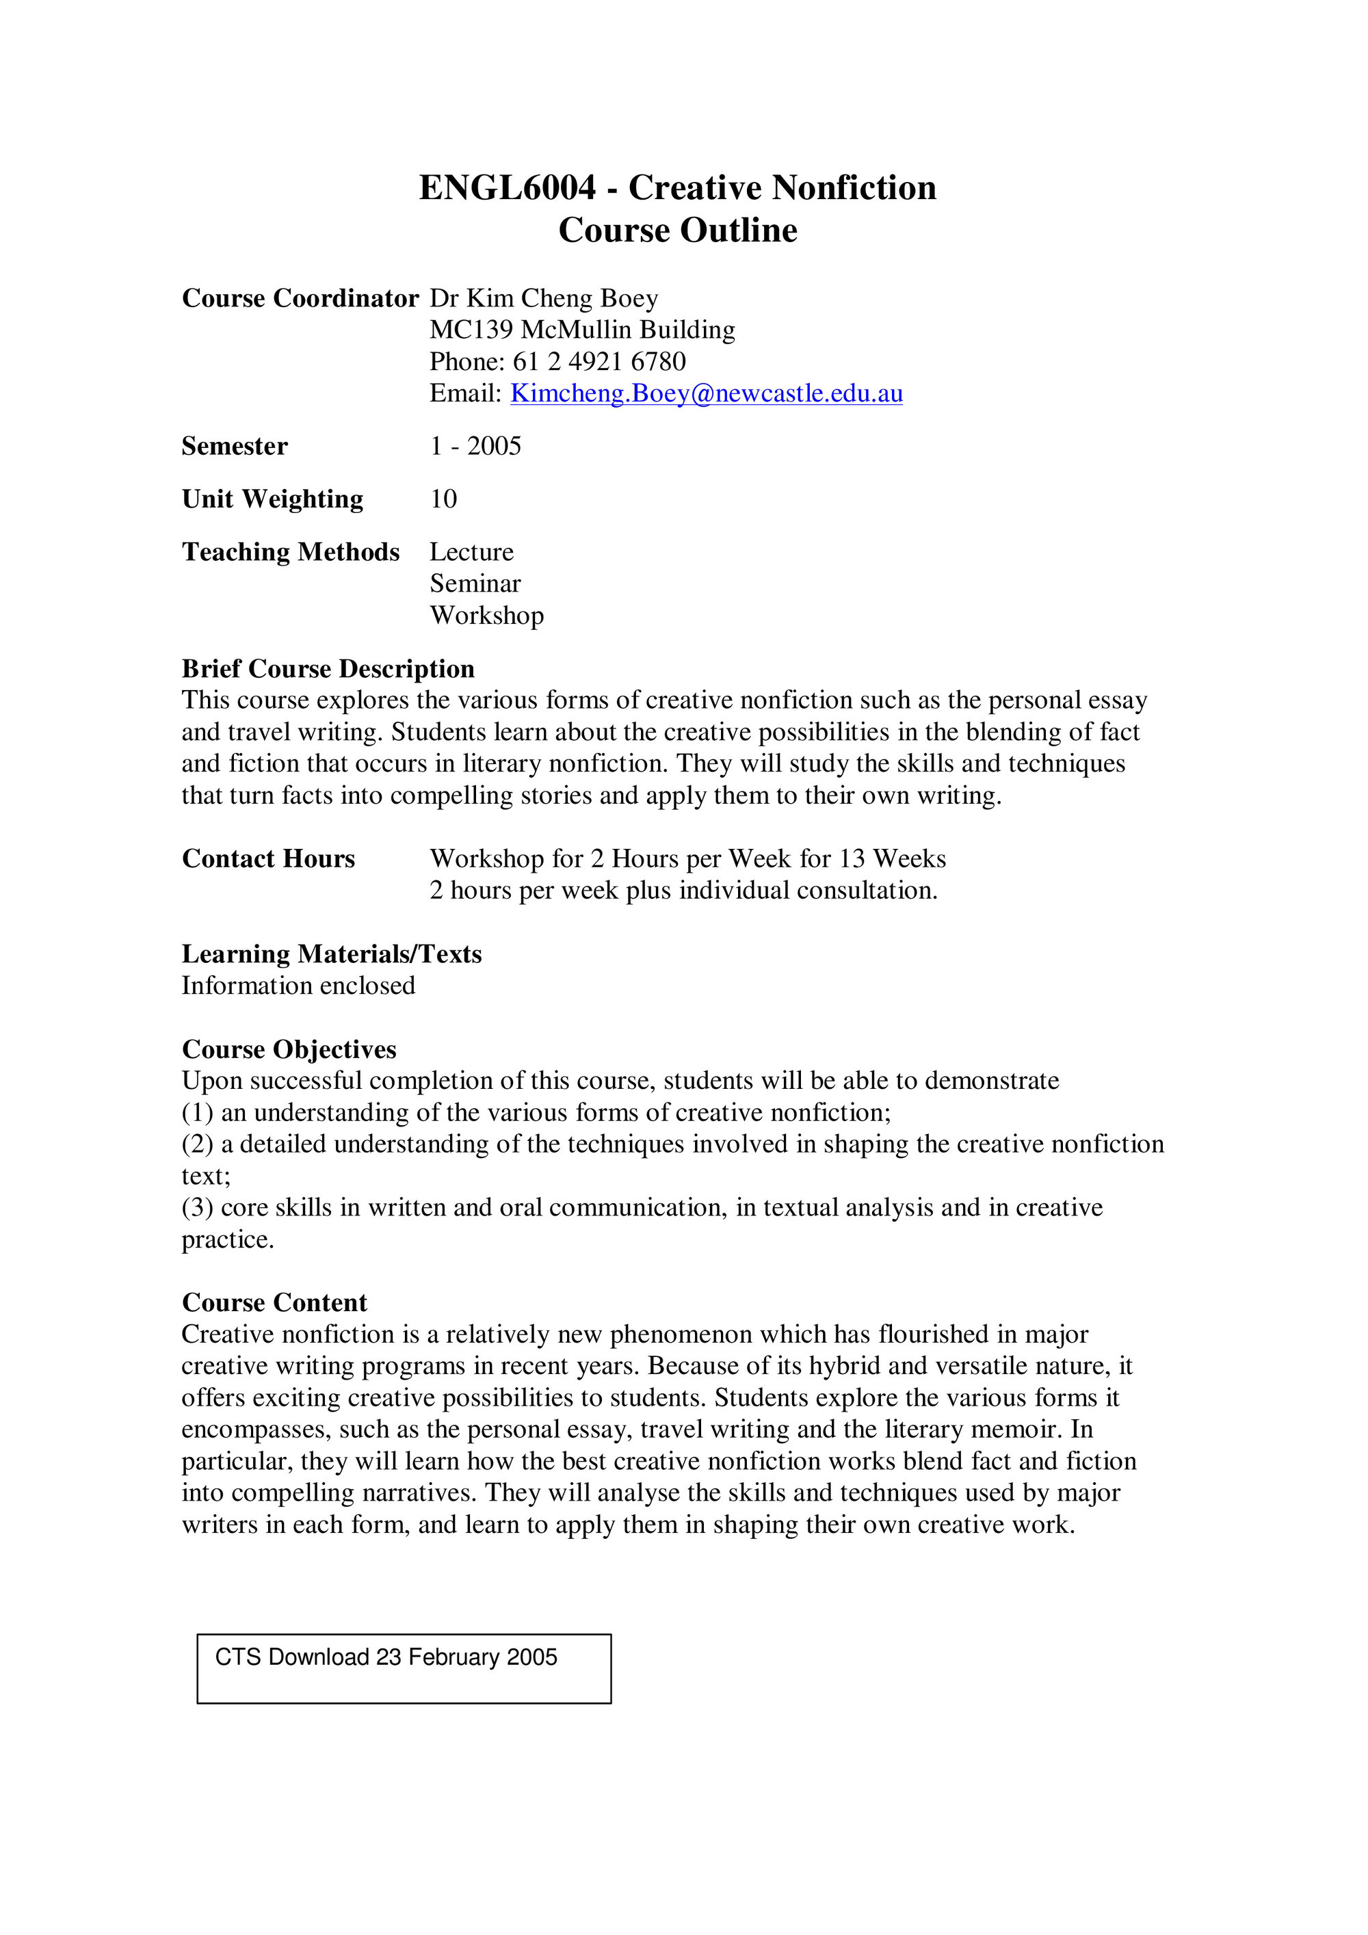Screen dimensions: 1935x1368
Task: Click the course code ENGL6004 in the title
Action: pos(508,188)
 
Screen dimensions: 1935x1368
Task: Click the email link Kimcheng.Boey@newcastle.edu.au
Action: pos(707,393)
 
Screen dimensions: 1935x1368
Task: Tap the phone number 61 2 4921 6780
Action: pos(599,362)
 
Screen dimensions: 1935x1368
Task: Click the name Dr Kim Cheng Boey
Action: pos(544,298)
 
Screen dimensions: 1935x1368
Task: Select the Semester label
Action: pos(235,446)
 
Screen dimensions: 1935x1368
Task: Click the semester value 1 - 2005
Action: pos(475,446)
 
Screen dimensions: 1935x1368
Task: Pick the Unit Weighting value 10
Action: pos(443,499)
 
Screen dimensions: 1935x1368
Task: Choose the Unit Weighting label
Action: pos(272,499)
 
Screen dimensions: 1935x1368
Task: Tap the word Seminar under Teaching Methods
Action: pos(475,583)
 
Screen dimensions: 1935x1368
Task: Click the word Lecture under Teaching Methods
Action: pos(471,552)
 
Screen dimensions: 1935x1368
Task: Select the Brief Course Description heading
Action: pos(328,668)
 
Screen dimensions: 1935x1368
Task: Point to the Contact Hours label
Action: pos(268,859)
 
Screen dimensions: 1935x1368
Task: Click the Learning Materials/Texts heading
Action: pos(331,954)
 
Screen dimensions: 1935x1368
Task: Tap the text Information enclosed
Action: pos(298,985)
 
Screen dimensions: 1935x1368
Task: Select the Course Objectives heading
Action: pos(289,1049)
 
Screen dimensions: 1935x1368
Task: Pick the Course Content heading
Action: pos(274,1303)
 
